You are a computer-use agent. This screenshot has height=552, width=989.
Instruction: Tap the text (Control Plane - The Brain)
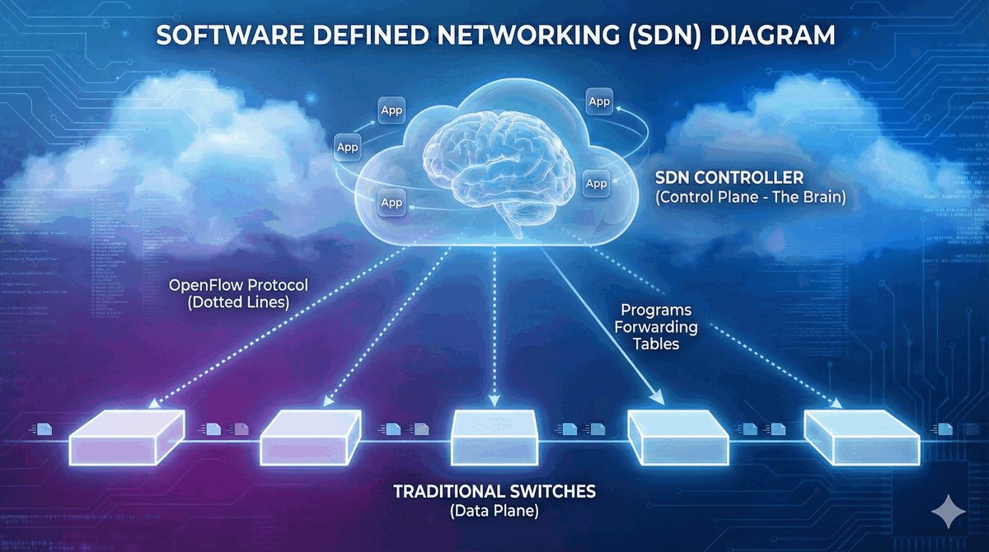tap(750, 198)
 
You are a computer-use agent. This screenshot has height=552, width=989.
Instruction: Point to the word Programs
tap(656, 311)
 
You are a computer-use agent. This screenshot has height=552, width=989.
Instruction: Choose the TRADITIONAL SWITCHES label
tap(494, 492)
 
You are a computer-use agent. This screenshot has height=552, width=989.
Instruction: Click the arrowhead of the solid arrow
tap(659, 398)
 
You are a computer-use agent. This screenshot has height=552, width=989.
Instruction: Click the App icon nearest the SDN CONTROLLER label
tap(596, 183)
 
